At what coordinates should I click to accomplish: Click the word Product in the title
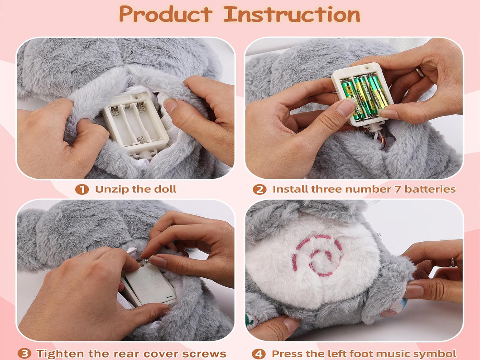pyautogui.click(x=166, y=15)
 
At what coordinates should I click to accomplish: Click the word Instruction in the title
pyautogui.click(x=292, y=15)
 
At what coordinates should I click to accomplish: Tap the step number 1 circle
pyautogui.click(x=82, y=190)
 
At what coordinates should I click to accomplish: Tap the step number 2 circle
pyautogui.click(x=259, y=190)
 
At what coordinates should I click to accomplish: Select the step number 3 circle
pyautogui.click(x=24, y=353)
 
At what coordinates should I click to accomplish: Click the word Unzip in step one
pyautogui.click(x=111, y=189)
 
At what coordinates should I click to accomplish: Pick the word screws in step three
pyautogui.click(x=205, y=353)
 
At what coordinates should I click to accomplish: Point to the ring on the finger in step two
pyautogui.click(x=420, y=72)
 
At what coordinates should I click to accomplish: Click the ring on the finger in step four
pyautogui.click(x=453, y=262)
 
